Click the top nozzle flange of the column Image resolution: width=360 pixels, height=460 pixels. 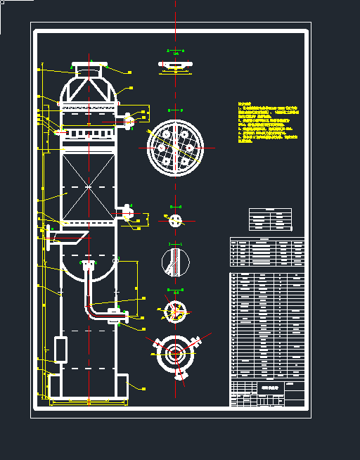[x=89, y=66]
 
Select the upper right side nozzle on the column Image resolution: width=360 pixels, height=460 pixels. [x=128, y=121]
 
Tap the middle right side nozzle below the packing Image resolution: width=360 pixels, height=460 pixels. [x=127, y=212]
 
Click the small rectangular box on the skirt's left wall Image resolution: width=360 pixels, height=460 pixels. [x=60, y=350]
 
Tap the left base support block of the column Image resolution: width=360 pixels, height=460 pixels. [x=54, y=386]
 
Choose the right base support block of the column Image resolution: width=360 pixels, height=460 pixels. [x=122, y=386]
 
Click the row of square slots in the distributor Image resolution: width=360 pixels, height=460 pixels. [x=89, y=132]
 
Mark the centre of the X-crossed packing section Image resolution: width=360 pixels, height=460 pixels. [x=89, y=186]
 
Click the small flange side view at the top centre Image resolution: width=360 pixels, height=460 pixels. [x=176, y=66]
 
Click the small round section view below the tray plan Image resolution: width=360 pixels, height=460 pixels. [x=175, y=221]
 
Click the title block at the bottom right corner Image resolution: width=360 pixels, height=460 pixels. [x=268, y=392]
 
